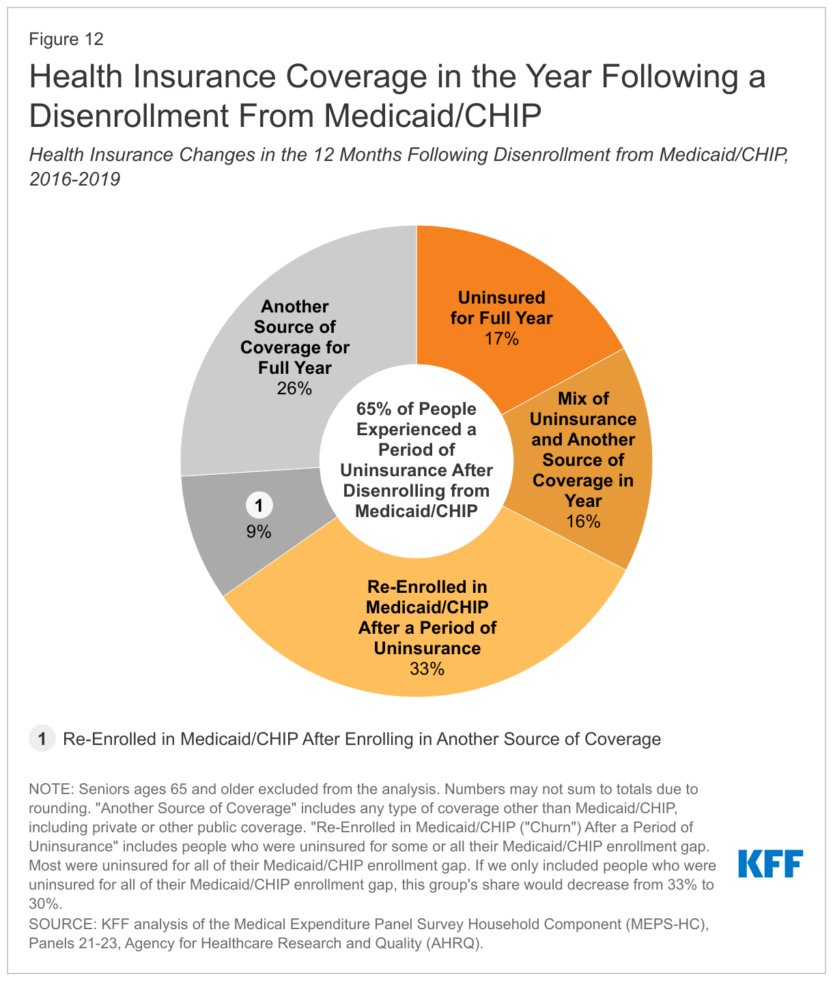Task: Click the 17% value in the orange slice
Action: click(x=502, y=338)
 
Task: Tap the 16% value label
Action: click(x=583, y=522)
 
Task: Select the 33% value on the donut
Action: click(x=427, y=669)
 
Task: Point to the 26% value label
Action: click(x=294, y=388)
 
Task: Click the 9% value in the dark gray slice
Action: click(x=259, y=531)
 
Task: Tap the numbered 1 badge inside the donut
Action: click(x=259, y=506)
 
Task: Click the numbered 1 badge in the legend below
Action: click(x=42, y=739)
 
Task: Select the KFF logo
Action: click(x=770, y=864)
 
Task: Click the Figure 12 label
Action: click(x=66, y=39)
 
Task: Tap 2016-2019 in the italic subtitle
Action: click(x=74, y=179)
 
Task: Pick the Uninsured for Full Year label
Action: click(x=502, y=308)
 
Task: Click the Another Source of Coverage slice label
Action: click(x=294, y=337)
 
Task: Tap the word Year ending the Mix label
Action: click(x=583, y=501)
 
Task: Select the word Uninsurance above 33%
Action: click(x=427, y=647)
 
